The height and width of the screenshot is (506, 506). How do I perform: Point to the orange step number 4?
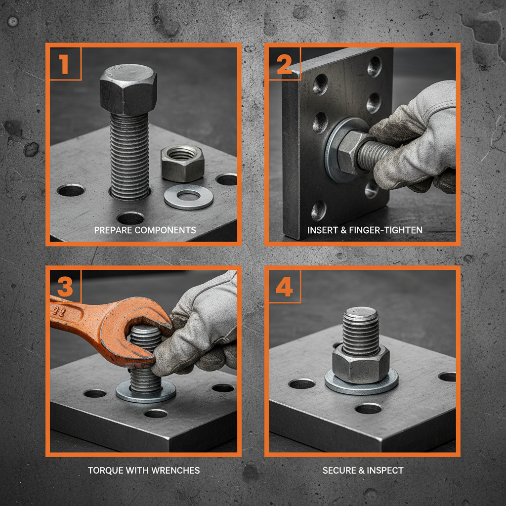284,287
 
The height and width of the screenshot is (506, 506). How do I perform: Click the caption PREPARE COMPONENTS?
145,230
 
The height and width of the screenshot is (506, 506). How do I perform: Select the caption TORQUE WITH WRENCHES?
144,470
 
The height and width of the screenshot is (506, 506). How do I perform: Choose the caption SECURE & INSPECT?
363,470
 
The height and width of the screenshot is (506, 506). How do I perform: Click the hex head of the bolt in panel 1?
128,89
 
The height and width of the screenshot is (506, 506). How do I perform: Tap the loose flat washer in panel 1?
188,197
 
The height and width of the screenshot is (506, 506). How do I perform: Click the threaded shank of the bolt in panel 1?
129,153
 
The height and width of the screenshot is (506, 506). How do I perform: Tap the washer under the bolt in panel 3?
146,392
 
